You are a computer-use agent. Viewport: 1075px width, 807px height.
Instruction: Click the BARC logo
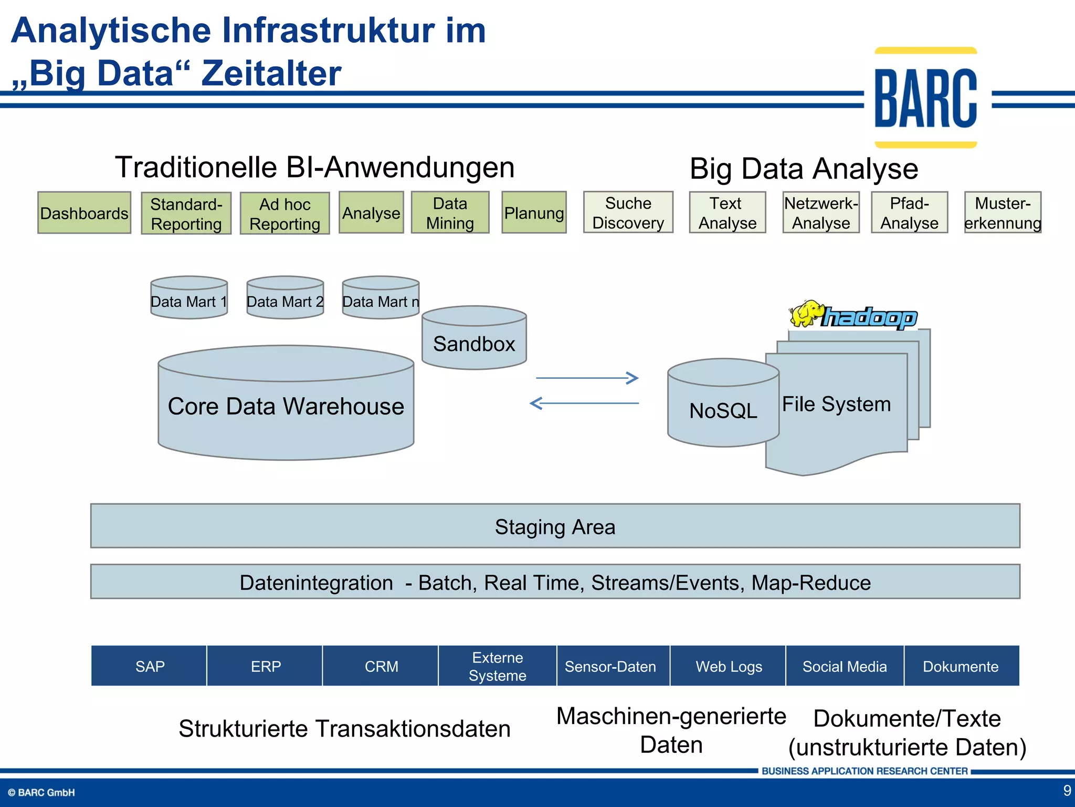925,98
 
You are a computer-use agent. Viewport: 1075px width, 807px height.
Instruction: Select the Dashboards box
84,213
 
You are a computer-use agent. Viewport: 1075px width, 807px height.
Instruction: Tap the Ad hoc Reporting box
284,213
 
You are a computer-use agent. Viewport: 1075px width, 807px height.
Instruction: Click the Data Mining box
450,213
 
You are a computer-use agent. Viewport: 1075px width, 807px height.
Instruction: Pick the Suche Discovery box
628,212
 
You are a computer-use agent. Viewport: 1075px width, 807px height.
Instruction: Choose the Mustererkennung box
1003,212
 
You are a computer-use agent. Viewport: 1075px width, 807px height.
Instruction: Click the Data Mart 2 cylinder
285,298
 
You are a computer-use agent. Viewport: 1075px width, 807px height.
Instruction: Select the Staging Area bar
555,526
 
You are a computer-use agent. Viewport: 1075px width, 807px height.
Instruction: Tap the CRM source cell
381,666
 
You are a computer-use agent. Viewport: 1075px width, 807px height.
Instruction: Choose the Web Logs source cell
729,666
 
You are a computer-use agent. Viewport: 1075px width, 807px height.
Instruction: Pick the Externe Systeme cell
497,666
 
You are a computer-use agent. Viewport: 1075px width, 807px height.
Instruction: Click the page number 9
1067,790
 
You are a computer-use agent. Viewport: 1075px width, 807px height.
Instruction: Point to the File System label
836,404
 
